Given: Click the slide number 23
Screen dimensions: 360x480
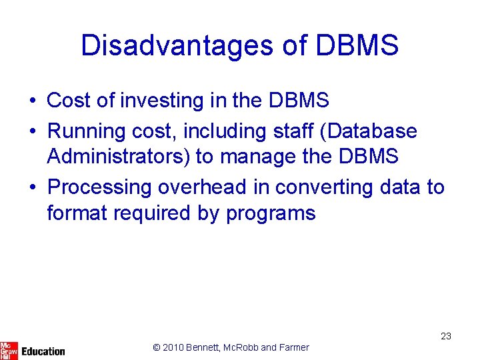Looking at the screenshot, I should (x=446, y=337).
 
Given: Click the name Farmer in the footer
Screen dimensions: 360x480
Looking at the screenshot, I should (x=293, y=347).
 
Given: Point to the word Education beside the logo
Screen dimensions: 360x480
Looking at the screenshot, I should (x=43, y=351).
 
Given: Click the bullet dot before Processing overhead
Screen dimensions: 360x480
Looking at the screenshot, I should (x=32, y=187).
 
